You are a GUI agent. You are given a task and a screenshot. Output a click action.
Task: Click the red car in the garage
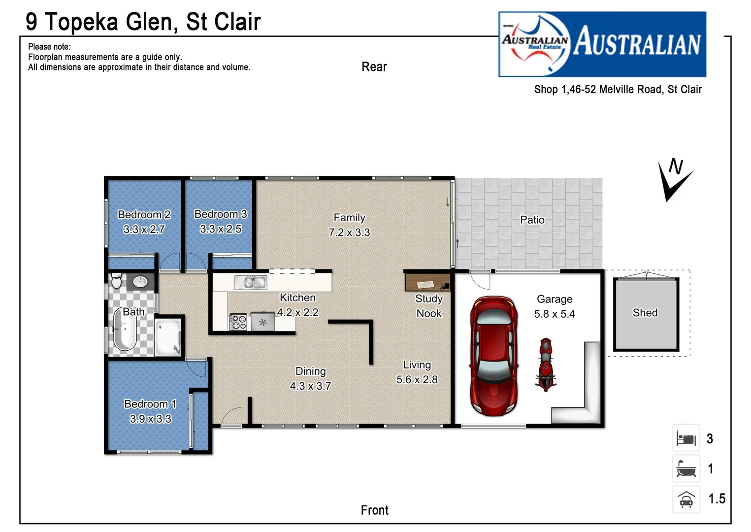(x=493, y=356)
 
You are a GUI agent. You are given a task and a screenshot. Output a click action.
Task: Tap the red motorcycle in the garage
(x=546, y=365)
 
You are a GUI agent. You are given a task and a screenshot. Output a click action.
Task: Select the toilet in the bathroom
(x=117, y=281)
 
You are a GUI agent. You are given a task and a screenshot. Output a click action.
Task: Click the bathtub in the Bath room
(x=124, y=329)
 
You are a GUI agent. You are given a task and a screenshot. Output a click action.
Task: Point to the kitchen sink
(x=251, y=282)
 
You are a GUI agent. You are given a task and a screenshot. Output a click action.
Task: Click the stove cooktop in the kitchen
(x=239, y=322)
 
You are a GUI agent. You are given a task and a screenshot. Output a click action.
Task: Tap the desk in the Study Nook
(x=427, y=283)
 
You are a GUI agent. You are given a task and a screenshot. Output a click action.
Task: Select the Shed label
(x=645, y=313)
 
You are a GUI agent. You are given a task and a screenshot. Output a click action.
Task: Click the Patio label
(x=532, y=220)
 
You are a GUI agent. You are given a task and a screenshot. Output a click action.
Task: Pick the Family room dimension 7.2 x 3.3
(x=349, y=233)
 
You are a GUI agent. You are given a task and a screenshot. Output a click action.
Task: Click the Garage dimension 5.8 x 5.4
(x=555, y=314)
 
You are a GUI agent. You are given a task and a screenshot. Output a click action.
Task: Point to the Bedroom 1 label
(x=150, y=404)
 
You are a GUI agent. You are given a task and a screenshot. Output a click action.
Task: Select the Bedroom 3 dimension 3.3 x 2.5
(x=221, y=229)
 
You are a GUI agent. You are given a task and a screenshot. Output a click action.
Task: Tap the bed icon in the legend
(x=686, y=438)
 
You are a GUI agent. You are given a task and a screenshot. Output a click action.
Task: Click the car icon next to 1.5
(x=686, y=499)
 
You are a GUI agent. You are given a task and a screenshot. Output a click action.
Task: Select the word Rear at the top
(x=374, y=67)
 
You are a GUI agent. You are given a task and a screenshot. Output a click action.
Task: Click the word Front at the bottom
(x=374, y=510)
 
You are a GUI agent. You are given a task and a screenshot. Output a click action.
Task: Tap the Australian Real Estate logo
(x=602, y=44)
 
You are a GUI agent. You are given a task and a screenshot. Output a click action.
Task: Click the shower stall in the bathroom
(x=168, y=337)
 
